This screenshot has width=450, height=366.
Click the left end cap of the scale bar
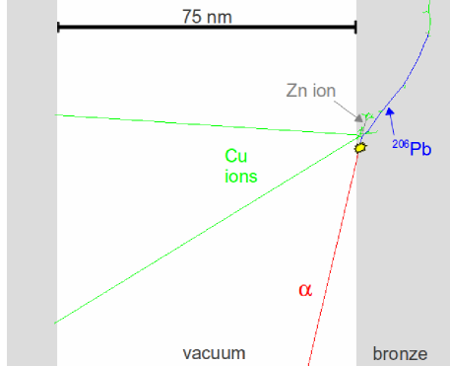pyautogui.click(x=58, y=26)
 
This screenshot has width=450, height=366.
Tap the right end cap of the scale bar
pyautogui.click(x=354, y=26)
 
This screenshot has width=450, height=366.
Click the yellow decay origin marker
pyautogui.click(x=360, y=147)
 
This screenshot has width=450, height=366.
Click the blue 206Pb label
pyautogui.click(x=413, y=149)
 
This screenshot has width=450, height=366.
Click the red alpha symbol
pyautogui.click(x=304, y=289)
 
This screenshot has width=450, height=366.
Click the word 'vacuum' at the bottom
pyautogui.click(x=214, y=353)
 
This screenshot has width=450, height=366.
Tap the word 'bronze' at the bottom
pyautogui.click(x=401, y=353)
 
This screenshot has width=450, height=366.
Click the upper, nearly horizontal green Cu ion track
pyautogui.click(x=197, y=125)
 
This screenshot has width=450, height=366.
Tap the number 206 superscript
pyautogui.click(x=401, y=143)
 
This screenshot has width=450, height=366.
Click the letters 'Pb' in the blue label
pyautogui.click(x=421, y=150)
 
